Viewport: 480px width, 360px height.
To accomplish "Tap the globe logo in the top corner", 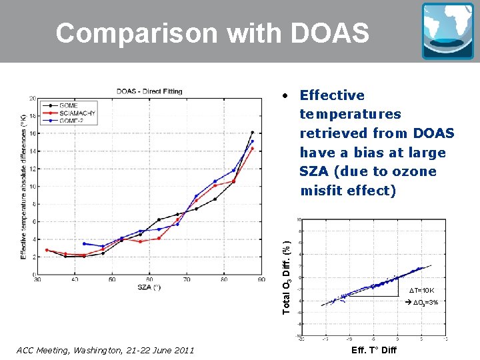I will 447,31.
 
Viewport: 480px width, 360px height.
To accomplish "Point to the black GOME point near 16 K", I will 252,132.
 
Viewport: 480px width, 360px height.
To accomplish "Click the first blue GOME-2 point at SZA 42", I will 84,243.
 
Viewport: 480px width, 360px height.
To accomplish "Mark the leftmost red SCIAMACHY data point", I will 47,250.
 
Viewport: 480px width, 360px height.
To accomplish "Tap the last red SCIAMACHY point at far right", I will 252,149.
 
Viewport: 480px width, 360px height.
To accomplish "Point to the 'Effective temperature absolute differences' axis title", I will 24,187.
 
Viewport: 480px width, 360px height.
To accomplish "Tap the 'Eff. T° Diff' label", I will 373,350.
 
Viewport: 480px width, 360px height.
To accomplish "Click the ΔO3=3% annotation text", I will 422,303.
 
